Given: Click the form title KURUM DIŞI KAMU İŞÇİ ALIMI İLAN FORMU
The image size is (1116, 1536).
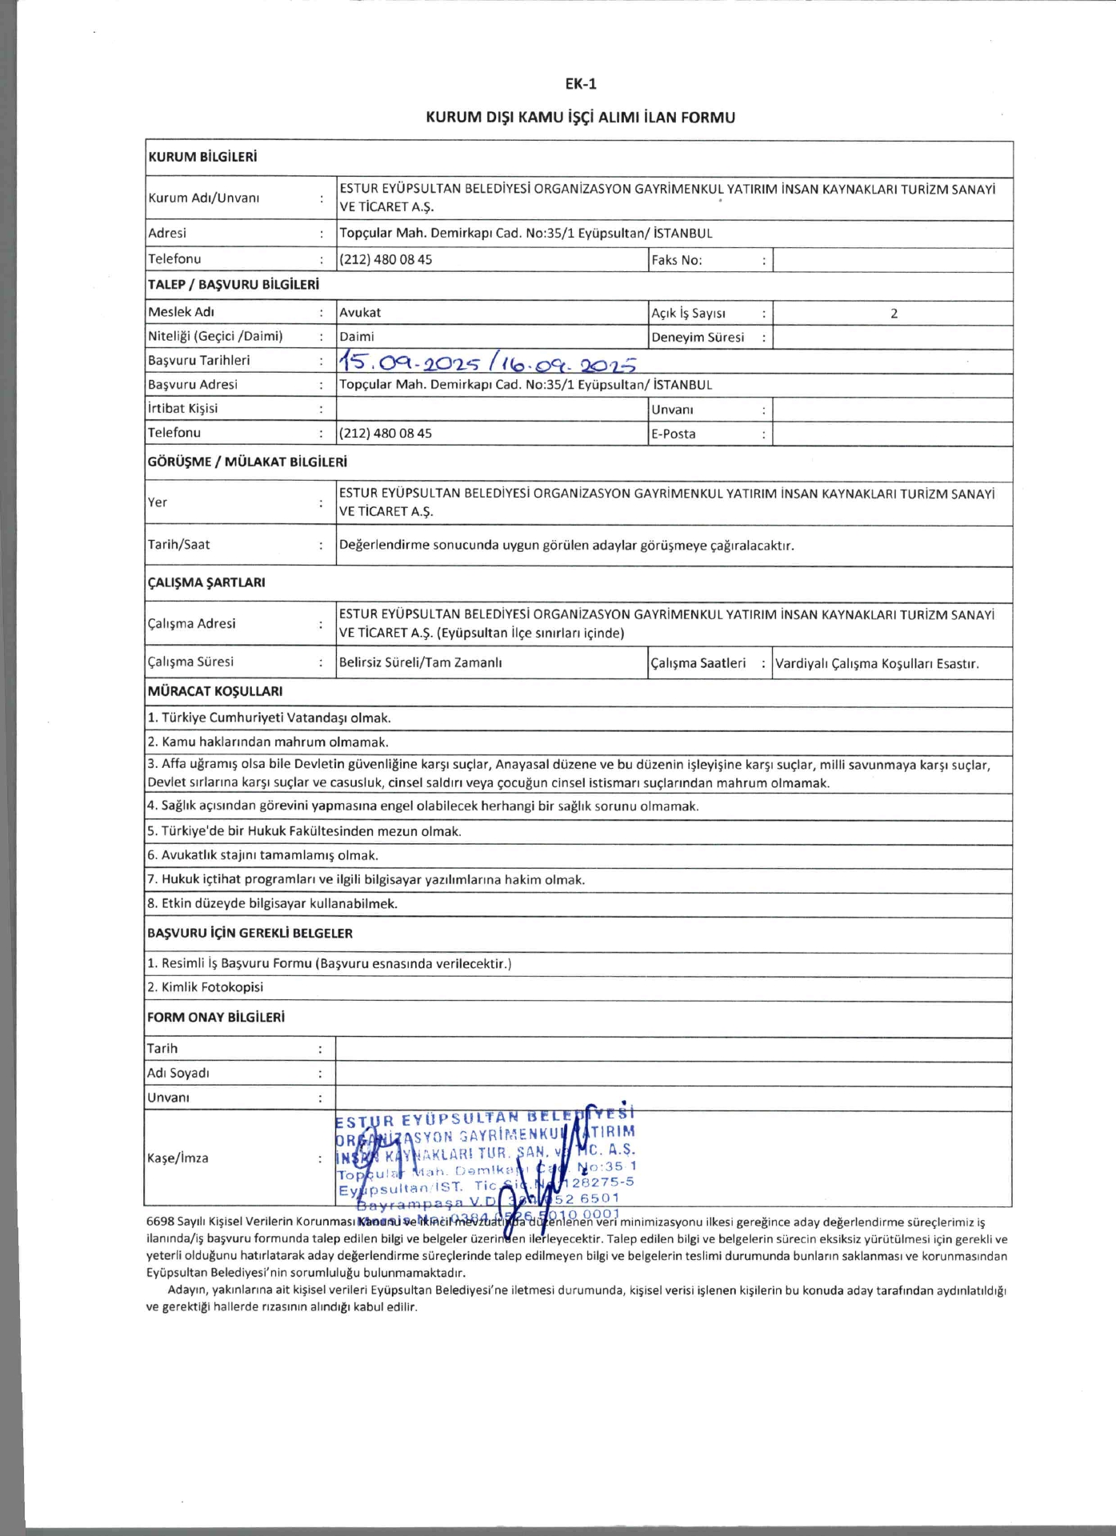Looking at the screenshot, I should [580, 118].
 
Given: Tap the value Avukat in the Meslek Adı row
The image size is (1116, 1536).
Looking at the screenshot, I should [360, 313].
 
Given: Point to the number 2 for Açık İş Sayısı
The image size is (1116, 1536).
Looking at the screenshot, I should [894, 314].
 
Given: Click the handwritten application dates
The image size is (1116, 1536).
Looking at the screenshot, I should [486, 363].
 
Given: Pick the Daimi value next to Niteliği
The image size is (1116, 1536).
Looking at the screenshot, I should [357, 337].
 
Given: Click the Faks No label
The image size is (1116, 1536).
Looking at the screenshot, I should [676, 260].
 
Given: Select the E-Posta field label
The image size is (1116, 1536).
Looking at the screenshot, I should [673, 434].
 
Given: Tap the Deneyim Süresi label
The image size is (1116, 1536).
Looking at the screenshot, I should [697, 337].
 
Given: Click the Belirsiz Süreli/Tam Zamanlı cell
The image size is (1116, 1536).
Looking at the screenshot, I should [421, 662].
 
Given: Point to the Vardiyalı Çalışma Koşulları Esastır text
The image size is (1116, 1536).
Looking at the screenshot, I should [877, 663].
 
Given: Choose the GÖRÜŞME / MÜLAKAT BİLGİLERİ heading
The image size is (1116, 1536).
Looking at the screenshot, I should [247, 462].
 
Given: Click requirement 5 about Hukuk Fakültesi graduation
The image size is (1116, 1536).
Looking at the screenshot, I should [304, 831].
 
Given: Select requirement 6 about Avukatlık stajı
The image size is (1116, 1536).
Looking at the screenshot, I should [262, 855].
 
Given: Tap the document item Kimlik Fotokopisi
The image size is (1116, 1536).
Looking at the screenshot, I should [205, 987].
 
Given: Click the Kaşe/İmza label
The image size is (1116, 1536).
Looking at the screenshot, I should [178, 1158].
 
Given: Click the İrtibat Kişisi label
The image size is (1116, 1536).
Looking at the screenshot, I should [182, 408].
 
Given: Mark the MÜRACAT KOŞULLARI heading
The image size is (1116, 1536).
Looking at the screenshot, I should [214, 691].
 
